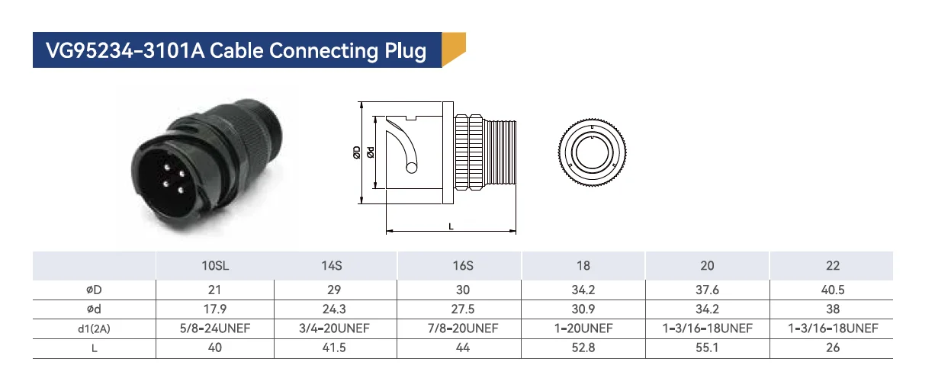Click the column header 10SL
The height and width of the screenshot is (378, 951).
(214, 266)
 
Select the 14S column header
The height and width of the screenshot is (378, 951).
(332, 266)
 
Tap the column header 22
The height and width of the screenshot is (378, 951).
(832, 266)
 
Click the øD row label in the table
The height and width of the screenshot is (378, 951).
(95, 290)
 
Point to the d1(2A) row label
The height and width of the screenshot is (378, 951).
(95, 328)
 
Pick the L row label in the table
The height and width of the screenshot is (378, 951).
(95, 348)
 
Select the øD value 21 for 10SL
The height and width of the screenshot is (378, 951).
(214, 290)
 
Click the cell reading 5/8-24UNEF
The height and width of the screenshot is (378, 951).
(214, 328)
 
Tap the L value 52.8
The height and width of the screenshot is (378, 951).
(583, 348)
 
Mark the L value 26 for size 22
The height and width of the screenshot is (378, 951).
(832, 348)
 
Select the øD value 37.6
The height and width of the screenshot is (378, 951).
(707, 290)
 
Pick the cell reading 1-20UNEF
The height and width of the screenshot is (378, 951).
(583, 328)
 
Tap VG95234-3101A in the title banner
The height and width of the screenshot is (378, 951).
(124, 51)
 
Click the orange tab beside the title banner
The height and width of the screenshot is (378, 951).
(454, 50)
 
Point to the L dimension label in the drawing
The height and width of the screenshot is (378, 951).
(451, 226)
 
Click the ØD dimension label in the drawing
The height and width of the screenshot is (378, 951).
(357, 152)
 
